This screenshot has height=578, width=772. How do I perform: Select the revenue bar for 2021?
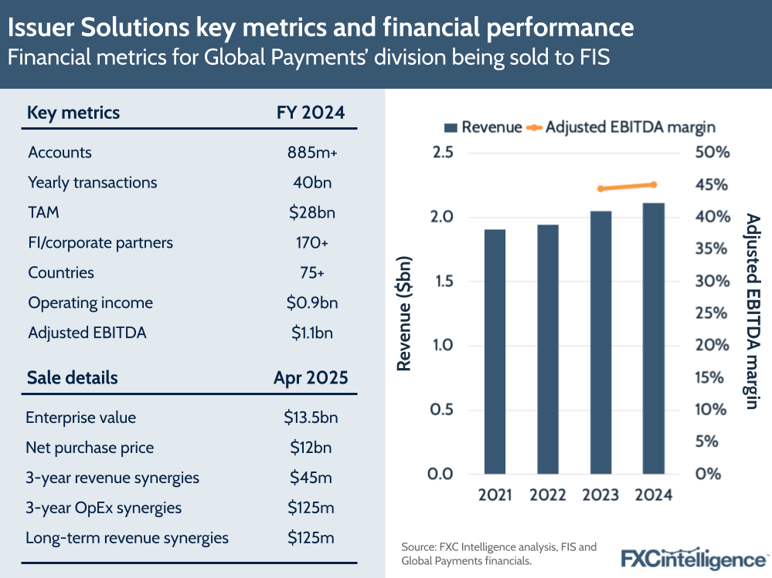[495, 351]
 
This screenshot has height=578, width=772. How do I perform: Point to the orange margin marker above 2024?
[654, 184]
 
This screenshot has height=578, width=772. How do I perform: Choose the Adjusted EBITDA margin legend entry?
[621, 127]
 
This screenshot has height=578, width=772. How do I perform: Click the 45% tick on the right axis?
[712, 185]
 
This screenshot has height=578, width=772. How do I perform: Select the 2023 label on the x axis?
[600, 495]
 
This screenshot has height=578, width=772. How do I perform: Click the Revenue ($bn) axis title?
[403, 313]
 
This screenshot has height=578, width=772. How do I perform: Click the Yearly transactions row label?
[92, 183]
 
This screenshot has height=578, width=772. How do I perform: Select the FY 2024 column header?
[311, 113]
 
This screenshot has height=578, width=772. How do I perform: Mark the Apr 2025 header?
[311, 378]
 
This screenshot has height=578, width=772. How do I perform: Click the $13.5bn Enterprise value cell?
[311, 417]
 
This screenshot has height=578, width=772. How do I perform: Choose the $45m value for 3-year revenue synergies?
[311, 478]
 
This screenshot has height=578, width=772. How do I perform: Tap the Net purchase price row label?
[90, 448]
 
